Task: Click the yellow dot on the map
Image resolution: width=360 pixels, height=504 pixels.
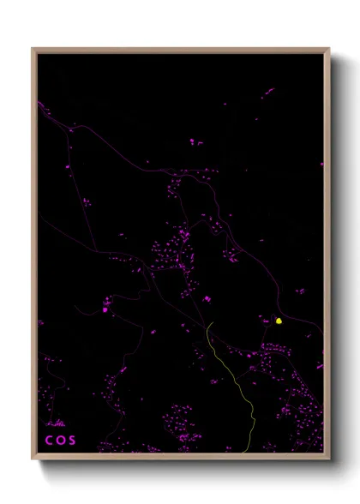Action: tap(279, 321)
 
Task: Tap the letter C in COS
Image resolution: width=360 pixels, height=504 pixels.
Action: tap(49, 441)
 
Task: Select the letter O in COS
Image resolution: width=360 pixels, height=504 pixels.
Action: tap(60, 441)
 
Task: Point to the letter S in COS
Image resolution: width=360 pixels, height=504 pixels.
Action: tap(72, 441)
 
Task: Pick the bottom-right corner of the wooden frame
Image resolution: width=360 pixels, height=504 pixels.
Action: tap(328, 459)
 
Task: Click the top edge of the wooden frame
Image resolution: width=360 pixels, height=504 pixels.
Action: tap(180, 50)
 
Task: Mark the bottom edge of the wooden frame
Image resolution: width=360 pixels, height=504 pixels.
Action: tap(180, 458)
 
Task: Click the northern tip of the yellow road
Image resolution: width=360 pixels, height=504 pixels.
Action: tap(207, 324)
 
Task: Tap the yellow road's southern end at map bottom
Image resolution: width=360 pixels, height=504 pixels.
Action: tap(249, 452)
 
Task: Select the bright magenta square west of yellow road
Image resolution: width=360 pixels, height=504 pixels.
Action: tap(105, 310)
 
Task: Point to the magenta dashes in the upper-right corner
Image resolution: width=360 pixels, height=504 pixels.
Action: tap(268, 91)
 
